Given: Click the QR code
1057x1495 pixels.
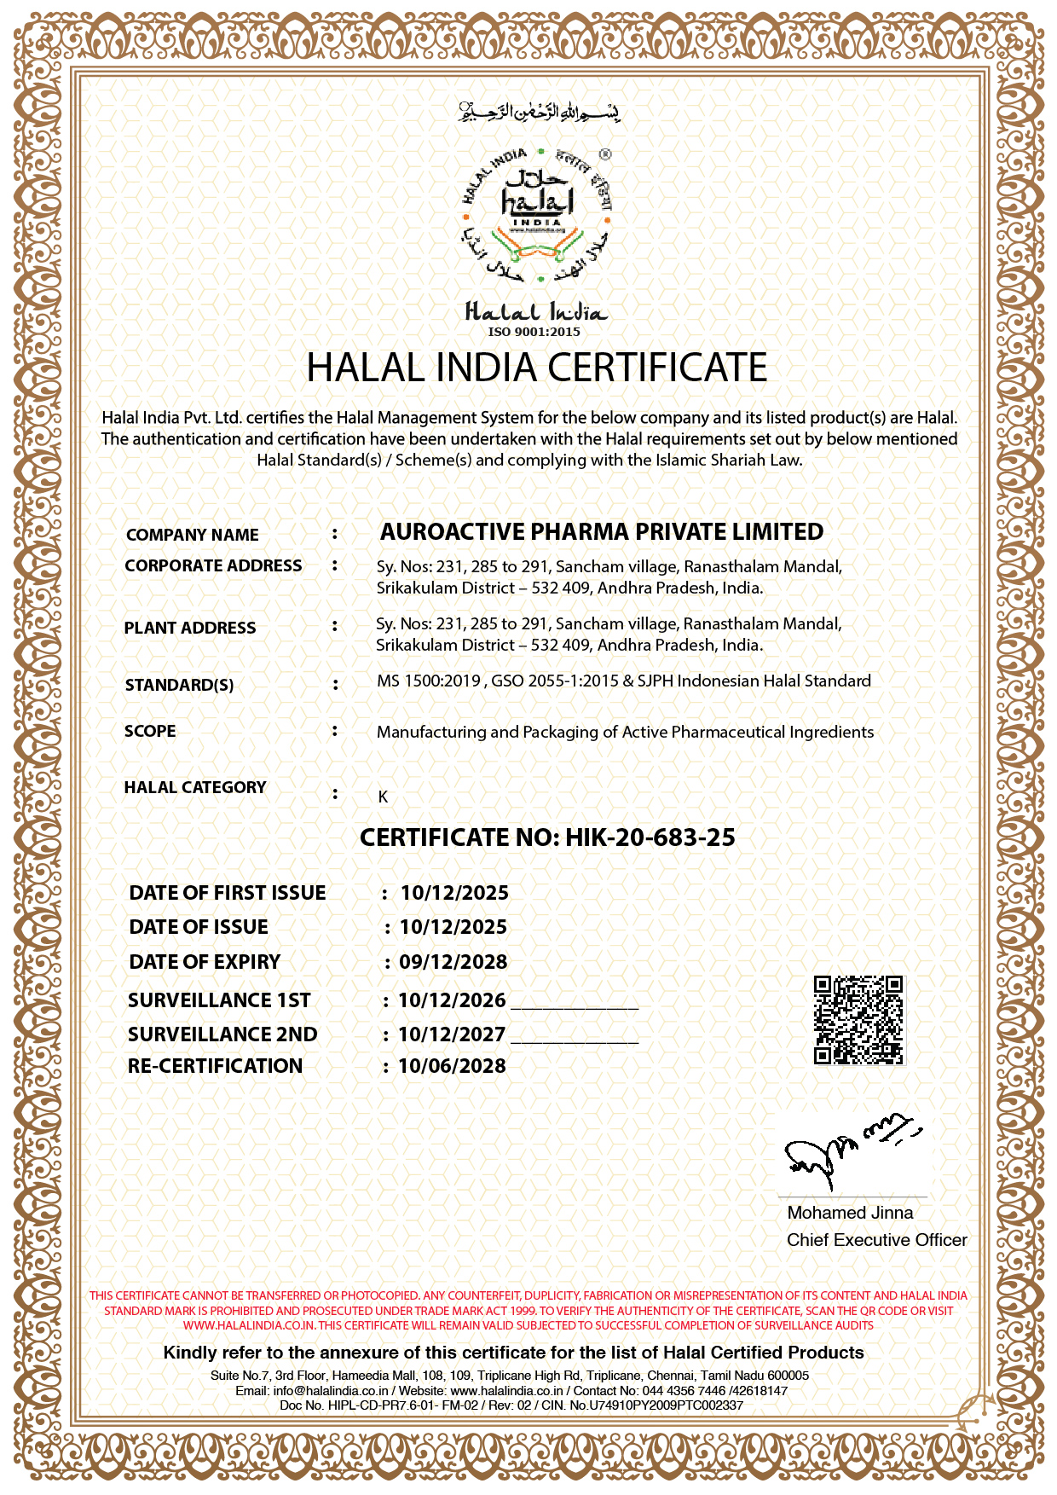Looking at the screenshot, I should point(858,1020).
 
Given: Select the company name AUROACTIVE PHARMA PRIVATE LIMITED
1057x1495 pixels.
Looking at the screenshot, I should point(601,532).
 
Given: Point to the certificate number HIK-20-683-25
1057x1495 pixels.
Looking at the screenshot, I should point(650,837).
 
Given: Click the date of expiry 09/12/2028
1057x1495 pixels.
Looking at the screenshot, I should point(453,962).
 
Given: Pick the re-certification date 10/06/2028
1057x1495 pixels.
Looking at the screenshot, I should point(452,1066).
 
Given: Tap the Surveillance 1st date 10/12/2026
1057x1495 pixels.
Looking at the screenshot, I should point(452,1000).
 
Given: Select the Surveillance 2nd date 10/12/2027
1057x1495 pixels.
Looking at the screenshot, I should point(452,1034).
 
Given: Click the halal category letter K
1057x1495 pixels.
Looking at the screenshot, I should point(383,797).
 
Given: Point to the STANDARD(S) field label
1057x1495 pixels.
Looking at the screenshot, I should point(179,685).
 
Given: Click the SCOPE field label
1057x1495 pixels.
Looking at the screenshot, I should point(150,731).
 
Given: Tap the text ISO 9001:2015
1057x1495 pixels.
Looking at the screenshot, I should point(534,332).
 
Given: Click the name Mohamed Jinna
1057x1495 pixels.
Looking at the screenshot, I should point(850,1213).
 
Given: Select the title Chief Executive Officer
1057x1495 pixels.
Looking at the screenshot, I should point(876,1240).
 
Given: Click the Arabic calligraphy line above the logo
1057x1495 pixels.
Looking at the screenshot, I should point(539,112).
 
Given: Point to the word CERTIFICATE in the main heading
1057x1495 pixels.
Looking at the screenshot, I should point(656,368).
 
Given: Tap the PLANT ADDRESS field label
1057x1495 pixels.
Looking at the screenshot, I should point(190,628).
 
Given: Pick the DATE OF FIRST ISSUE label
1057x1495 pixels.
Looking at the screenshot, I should point(228,893).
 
